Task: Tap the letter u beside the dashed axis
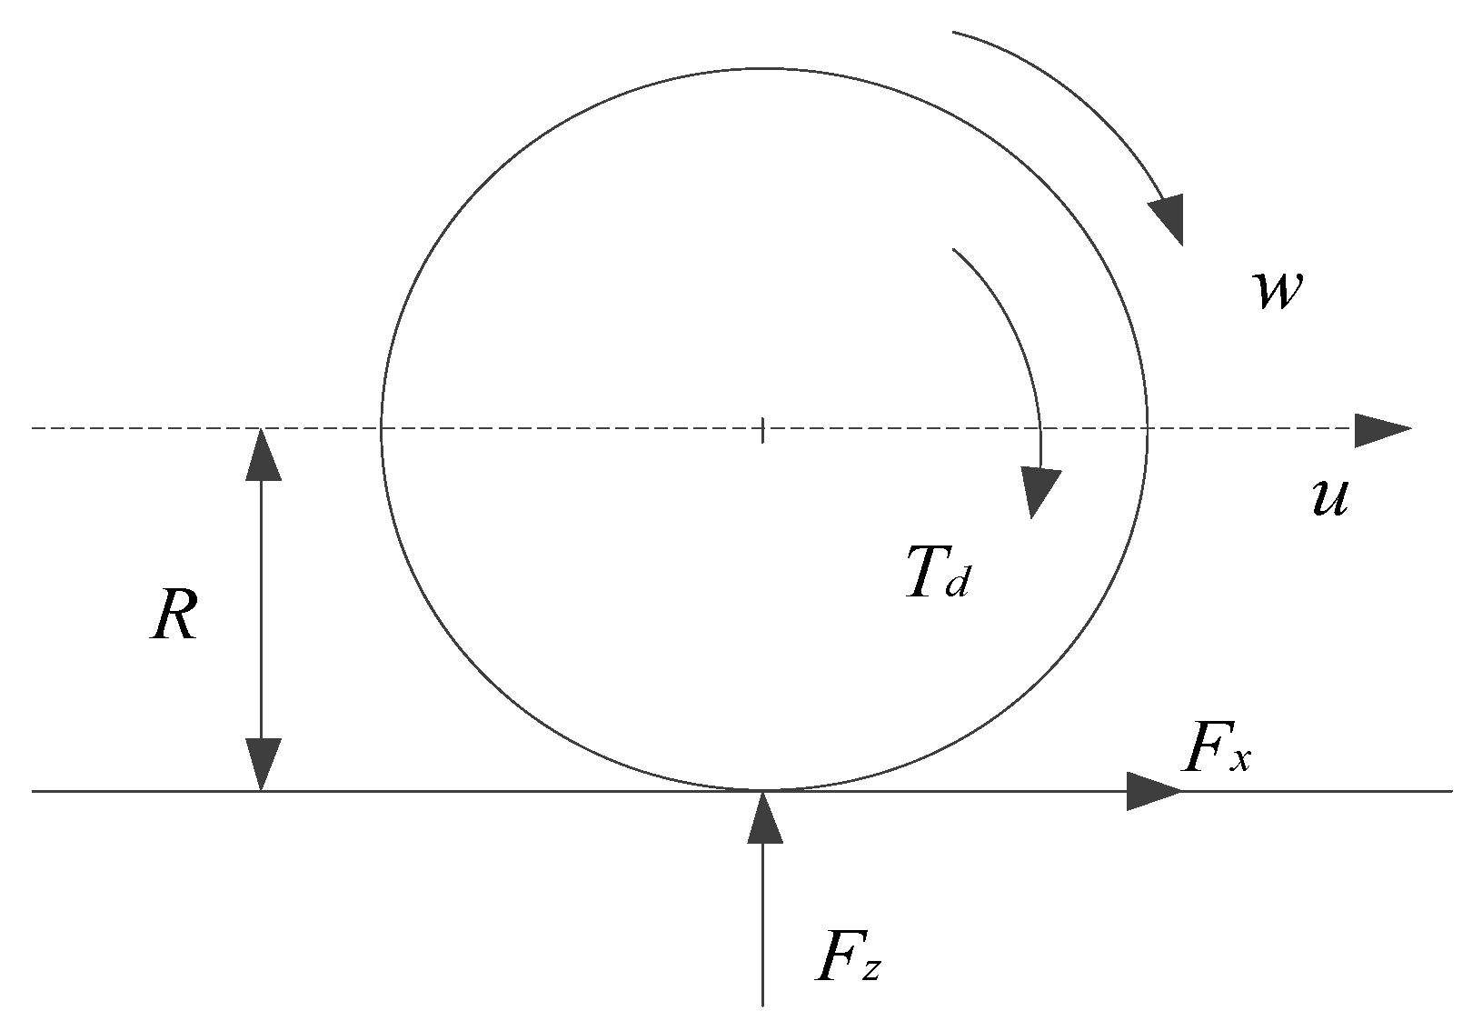click(x=1330, y=498)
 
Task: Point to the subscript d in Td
click(x=957, y=585)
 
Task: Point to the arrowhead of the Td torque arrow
click(x=1038, y=491)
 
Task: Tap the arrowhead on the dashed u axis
click(x=1381, y=429)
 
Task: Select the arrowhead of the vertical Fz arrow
click(x=763, y=816)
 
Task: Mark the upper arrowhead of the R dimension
click(x=262, y=453)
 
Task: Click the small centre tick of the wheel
click(x=762, y=430)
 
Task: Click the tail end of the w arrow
click(x=953, y=33)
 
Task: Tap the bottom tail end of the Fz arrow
click(x=762, y=1004)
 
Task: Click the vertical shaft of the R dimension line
click(x=262, y=609)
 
